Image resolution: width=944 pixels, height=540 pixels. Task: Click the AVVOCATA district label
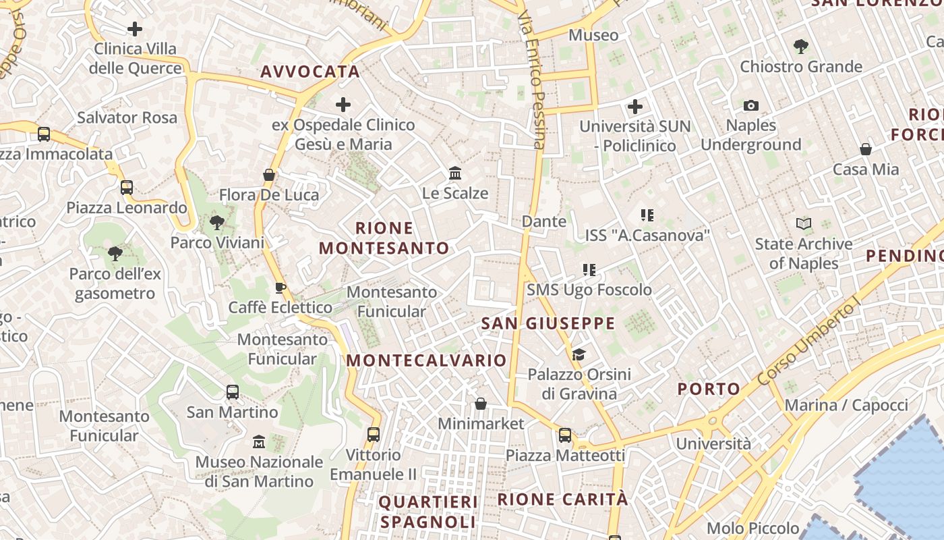tap(310, 72)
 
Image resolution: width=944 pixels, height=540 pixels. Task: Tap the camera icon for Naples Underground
tap(750, 105)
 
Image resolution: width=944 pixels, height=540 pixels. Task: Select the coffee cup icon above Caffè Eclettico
tap(281, 288)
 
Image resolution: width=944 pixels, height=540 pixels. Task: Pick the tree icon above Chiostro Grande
tap(801, 47)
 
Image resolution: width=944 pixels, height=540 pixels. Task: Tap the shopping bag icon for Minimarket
tap(481, 404)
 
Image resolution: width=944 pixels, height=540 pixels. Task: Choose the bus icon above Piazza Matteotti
tap(565, 435)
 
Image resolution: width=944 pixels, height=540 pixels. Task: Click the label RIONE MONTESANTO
tap(384, 238)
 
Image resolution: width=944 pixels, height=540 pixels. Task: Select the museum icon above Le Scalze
tap(455, 173)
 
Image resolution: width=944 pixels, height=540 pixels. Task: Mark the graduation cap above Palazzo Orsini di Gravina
tap(579, 354)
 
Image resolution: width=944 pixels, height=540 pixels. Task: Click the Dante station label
tap(544, 221)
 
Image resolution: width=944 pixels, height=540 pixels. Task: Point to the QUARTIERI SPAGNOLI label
tap(428, 512)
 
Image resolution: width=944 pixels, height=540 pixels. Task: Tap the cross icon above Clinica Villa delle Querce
tap(135, 29)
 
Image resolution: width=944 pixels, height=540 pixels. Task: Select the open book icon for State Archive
tap(803, 223)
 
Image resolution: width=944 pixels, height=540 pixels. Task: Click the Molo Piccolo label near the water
tap(753, 528)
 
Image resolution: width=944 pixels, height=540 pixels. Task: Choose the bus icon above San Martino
tap(233, 391)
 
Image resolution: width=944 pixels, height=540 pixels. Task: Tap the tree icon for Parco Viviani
tap(217, 222)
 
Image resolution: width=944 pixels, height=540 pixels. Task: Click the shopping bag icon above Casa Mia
tap(866, 149)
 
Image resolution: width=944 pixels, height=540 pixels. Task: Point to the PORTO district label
tap(709, 389)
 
